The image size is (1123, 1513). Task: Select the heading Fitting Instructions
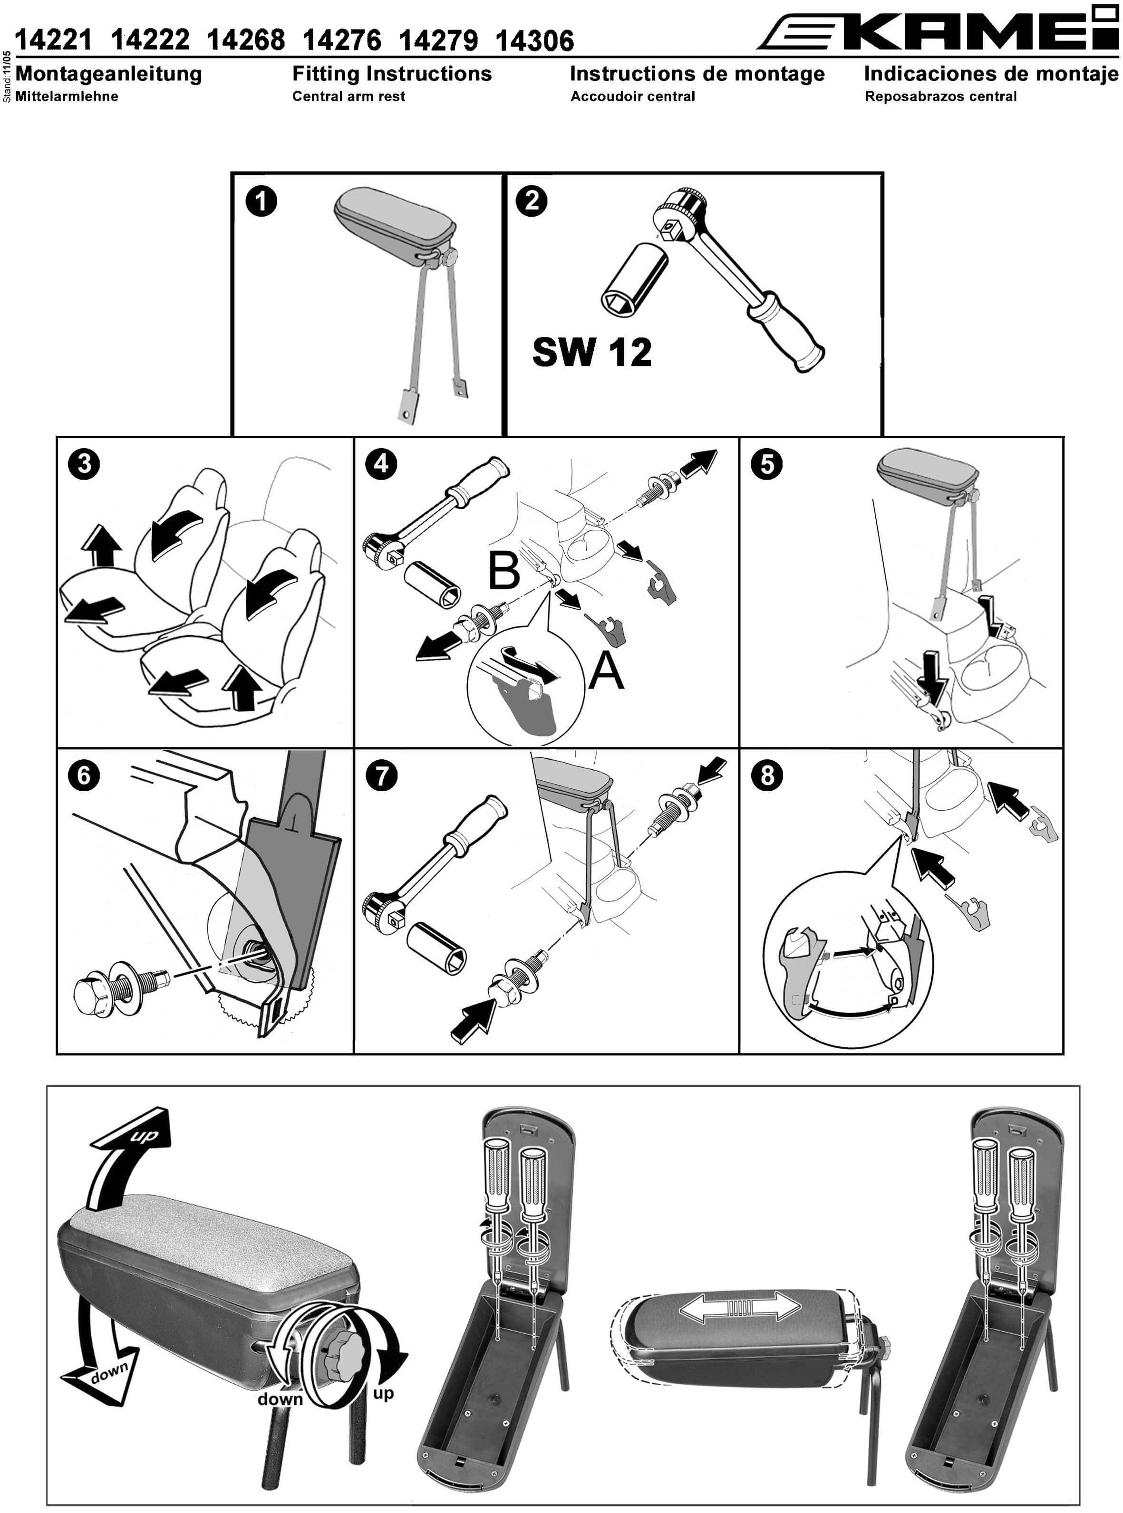pos(392,73)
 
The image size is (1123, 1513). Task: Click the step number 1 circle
pos(261,202)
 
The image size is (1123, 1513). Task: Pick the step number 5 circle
pos(767,465)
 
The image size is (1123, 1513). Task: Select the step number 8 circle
pos(767,775)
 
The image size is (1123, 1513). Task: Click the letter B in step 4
pos(503,571)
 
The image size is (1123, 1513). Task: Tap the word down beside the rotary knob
pos(280,1399)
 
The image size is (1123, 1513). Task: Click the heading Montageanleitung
pos(109,73)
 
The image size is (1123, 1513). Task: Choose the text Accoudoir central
pos(633,96)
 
